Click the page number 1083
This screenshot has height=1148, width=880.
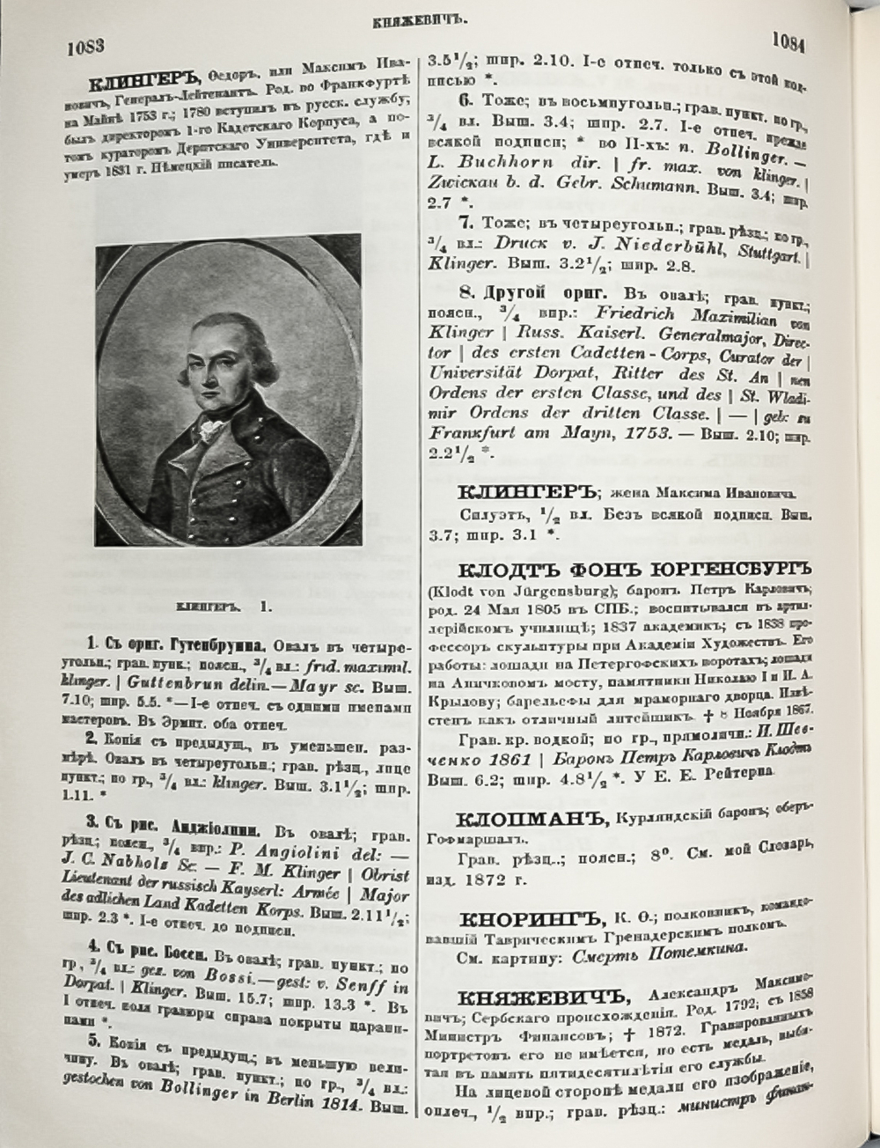(85, 47)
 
